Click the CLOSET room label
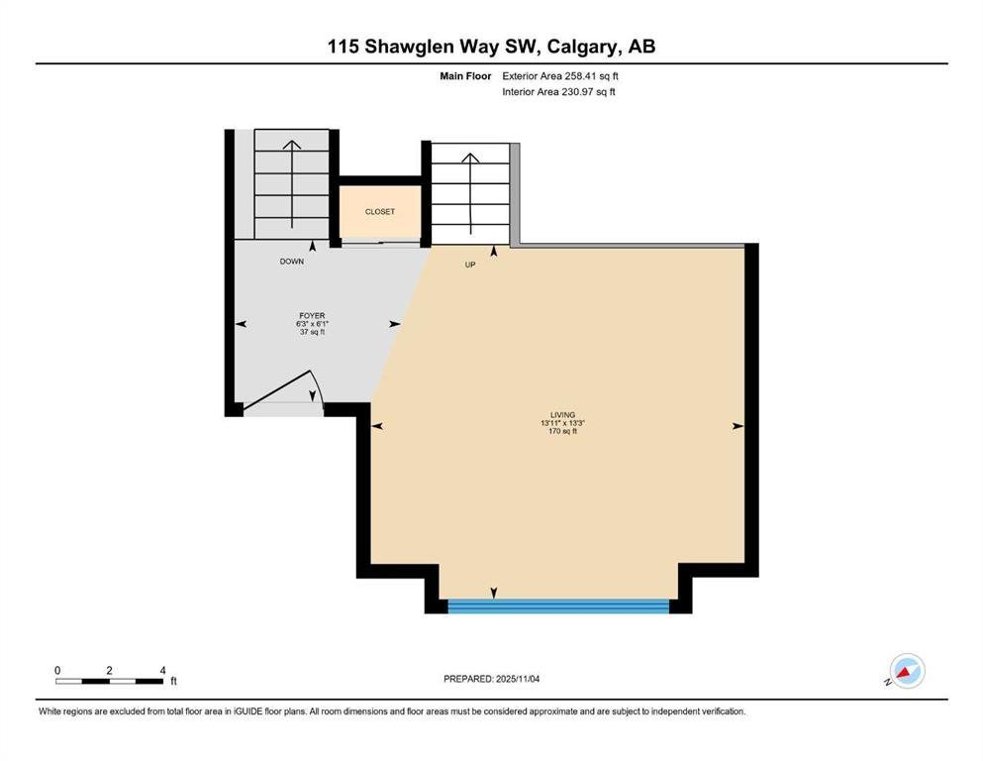(380, 212)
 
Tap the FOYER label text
(312, 315)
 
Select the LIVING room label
(563, 415)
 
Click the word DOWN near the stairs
(291, 262)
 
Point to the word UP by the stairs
(470, 265)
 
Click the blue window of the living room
(558, 606)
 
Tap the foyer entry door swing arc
(317, 389)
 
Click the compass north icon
(907, 671)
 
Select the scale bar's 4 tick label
(163, 670)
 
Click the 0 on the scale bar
(57, 670)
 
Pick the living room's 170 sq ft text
(563, 431)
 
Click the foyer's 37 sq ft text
(312, 332)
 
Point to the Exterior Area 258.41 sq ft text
(560, 76)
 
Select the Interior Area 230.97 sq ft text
(558, 91)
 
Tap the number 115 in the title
(343, 47)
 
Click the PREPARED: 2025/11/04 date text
(491, 679)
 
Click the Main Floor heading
(465, 76)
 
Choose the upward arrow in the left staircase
(291, 184)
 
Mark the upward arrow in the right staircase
(470, 190)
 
